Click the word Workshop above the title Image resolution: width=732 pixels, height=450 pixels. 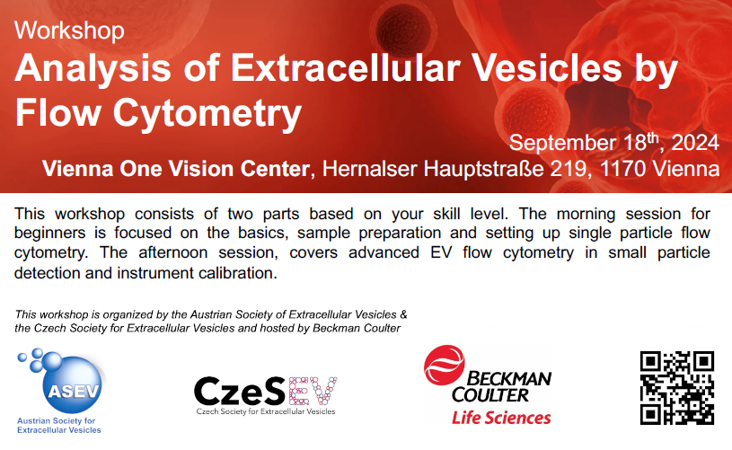[x=69, y=31]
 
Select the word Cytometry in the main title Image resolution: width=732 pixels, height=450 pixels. [x=207, y=113]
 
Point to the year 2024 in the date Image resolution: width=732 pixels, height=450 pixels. [x=694, y=143]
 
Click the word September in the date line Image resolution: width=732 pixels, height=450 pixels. [x=563, y=144]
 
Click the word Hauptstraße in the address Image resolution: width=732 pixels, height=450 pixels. [x=483, y=169]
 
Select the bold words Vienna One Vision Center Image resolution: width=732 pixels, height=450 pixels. [x=175, y=169]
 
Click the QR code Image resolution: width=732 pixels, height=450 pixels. [x=676, y=388]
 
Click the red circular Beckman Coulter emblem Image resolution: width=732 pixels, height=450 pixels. [x=444, y=365]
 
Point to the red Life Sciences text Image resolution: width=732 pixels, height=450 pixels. [x=501, y=418]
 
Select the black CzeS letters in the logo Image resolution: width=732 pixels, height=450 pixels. [x=240, y=392]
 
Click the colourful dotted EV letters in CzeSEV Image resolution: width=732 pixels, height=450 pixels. [x=313, y=391]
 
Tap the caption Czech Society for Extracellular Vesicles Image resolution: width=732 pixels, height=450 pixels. [x=266, y=411]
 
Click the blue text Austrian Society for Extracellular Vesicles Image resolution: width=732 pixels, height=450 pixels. [x=58, y=425]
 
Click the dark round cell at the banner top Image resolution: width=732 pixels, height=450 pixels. [x=404, y=28]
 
